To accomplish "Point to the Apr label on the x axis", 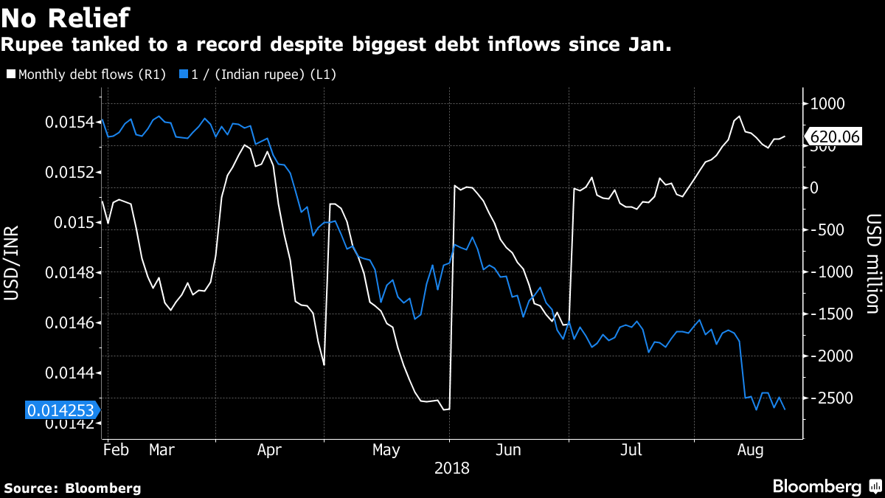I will [x=270, y=449].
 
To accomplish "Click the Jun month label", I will [x=510, y=449].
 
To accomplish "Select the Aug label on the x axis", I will [x=750, y=449].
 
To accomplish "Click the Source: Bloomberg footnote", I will [x=72, y=488].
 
